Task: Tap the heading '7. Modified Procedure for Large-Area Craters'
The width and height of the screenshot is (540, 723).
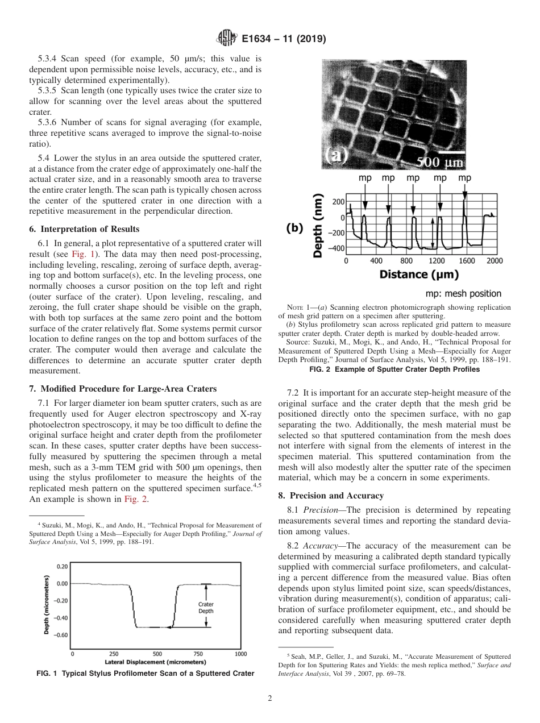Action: point(122,389)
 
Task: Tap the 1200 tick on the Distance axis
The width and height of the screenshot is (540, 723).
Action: point(437,261)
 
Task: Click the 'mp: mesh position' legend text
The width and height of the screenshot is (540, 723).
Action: point(463,293)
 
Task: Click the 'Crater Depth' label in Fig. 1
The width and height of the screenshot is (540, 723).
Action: point(205,608)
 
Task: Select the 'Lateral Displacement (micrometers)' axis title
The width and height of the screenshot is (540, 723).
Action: point(155,662)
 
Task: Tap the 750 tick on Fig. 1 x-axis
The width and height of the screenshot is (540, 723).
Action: point(198,654)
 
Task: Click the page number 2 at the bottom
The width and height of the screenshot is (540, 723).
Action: point(269,699)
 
